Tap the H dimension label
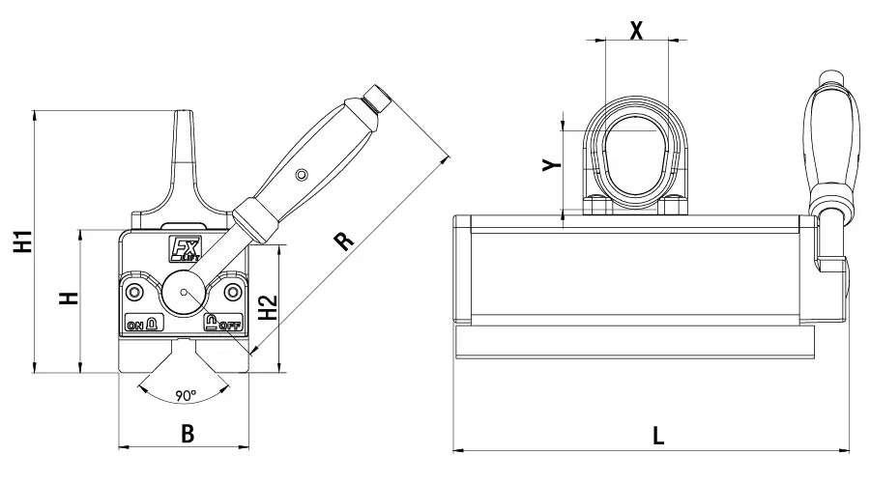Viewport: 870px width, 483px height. (x=68, y=298)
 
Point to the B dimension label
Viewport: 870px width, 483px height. (x=188, y=434)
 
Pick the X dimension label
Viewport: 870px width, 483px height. (x=636, y=30)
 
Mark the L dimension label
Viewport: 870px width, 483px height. (x=658, y=435)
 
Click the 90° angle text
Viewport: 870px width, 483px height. (x=187, y=395)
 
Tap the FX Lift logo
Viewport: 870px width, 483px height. (x=185, y=250)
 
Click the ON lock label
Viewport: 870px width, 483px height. (x=143, y=325)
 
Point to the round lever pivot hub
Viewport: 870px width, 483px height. (x=184, y=289)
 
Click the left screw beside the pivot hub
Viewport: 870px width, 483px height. (x=134, y=290)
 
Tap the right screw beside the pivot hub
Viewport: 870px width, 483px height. (x=232, y=290)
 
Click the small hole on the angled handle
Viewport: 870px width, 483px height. (x=302, y=175)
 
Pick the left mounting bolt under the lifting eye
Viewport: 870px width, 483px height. (x=594, y=205)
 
